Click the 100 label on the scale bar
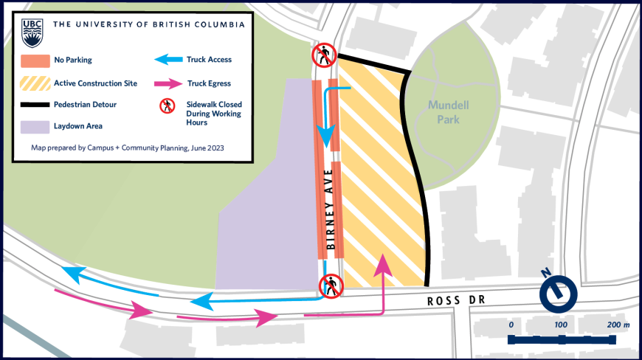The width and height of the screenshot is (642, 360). pyautogui.click(x=562, y=325)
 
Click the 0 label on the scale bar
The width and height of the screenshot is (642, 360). pyautogui.click(x=511, y=325)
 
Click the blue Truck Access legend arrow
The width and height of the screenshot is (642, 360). pyautogui.click(x=168, y=60)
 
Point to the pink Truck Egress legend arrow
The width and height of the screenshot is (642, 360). pyautogui.click(x=168, y=83)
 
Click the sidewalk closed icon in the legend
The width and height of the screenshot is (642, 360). pyautogui.click(x=168, y=105)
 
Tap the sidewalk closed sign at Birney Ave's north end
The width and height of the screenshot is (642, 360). pyautogui.click(x=324, y=55)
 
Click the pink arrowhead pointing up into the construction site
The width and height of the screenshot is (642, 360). pyautogui.click(x=383, y=263)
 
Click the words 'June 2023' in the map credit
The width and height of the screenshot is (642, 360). pyautogui.click(x=207, y=148)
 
